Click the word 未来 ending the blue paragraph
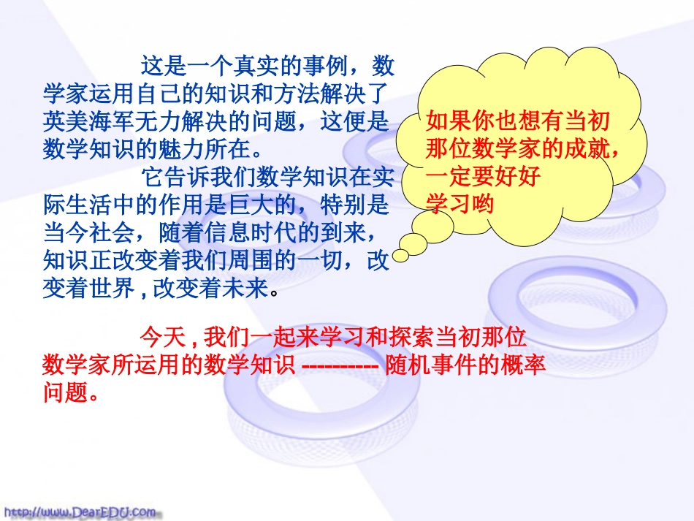coord(250,288)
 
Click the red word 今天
coord(159,338)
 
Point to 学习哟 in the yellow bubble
coord(461,204)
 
